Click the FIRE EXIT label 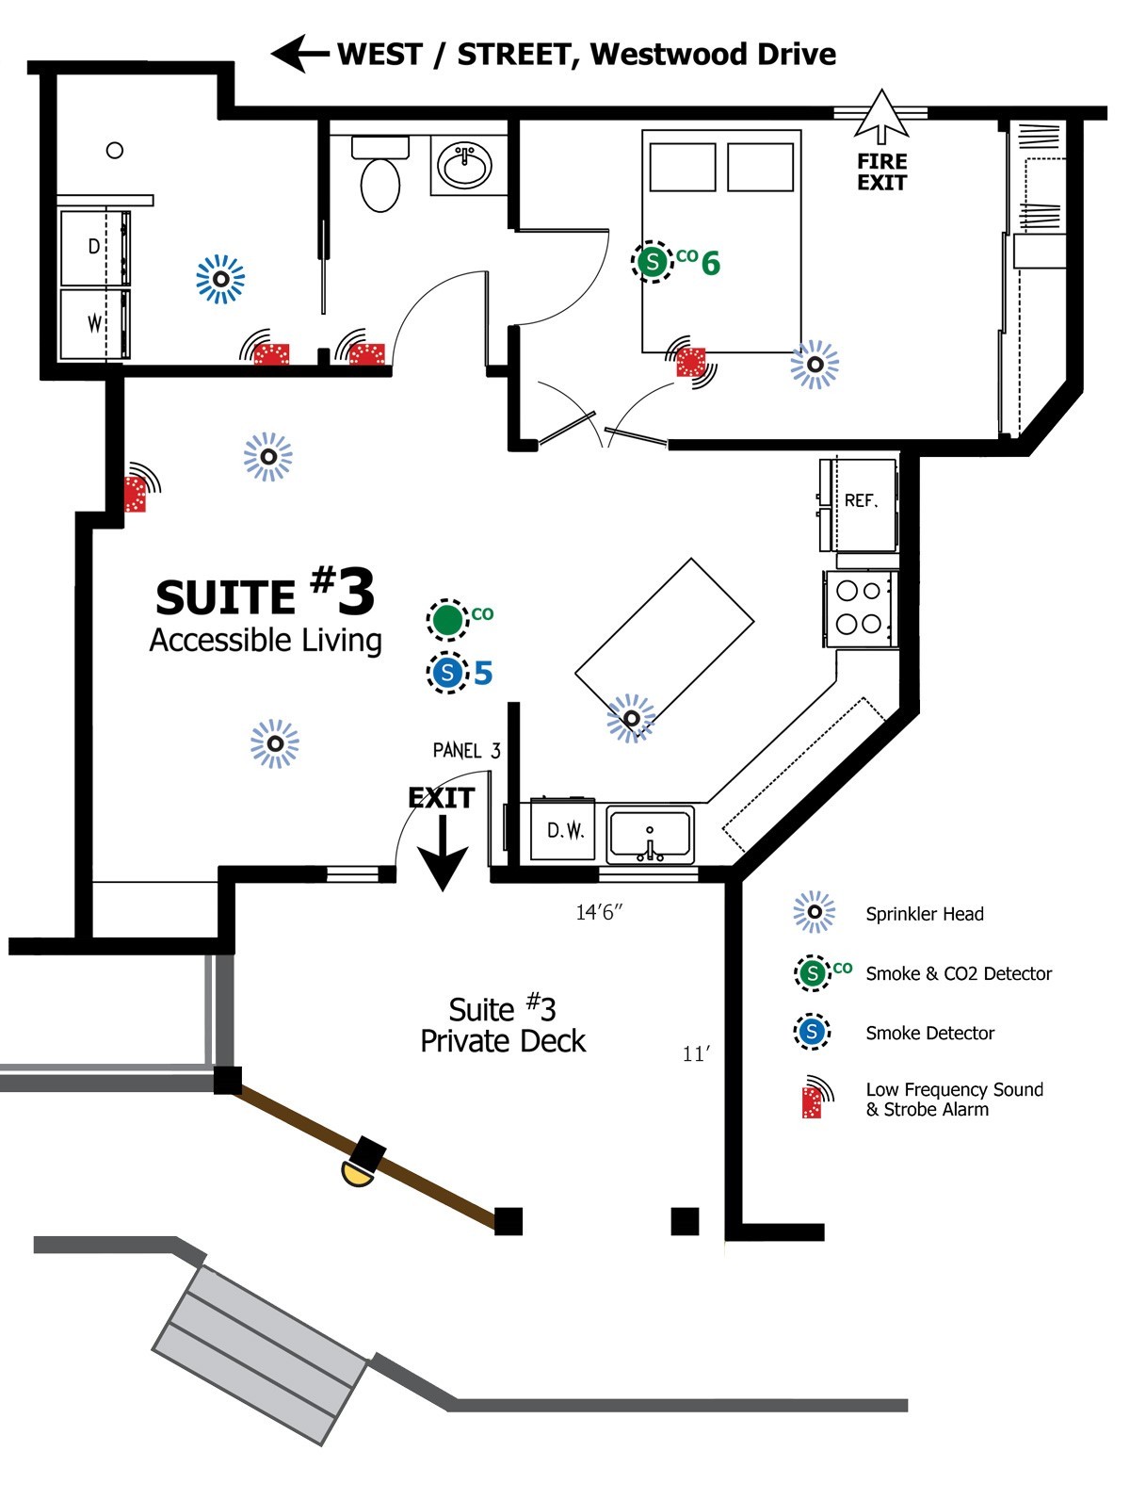pyautogui.click(x=881, y=171)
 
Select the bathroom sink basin pyautogui.click(x=464, y=167)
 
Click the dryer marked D pyautogui.click(x=94, y=247)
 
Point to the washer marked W pyautogui.click(x=94, y=323)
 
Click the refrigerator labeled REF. pyautogui.click(x=860, y=501)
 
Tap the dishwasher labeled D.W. pyautogui.click(x=564, y=830)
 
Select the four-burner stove pyautogui.click(x=859, y=608)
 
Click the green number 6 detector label pyautogui.click(x=711, y=264)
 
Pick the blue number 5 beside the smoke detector pyautogui.click(x=483, y=673)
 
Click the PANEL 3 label pyautogui.click(x=466, y=751)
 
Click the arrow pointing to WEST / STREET pyautogui.click(x=299, y=54)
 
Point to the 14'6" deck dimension pyautogui.click(x=600, y=912)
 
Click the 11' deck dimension pyautogui.click(x=696, y=1054)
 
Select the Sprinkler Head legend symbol pyautogui.click(x=814, y=912)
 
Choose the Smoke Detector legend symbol pyautogui.click(x=812, y=1032)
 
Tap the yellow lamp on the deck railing pyautogui.click(x=356, y=1173)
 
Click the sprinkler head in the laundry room pyautogui.click(x=220, y=279)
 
